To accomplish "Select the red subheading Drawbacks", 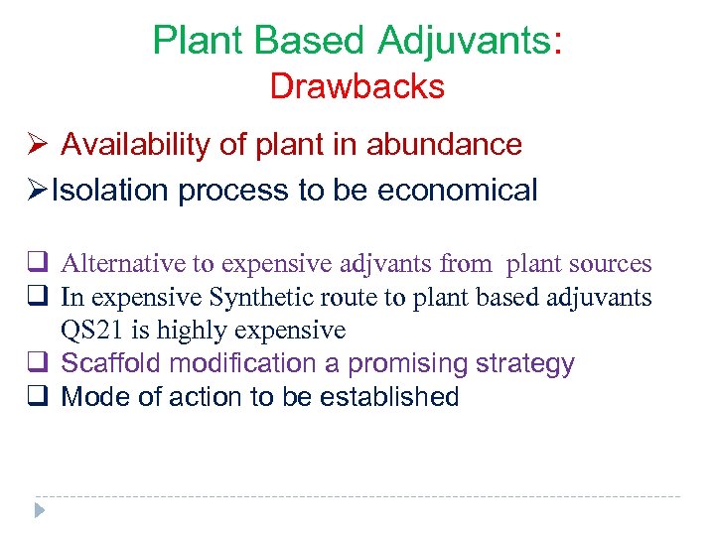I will (x=357, y=87).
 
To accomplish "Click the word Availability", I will (x=136, y=145).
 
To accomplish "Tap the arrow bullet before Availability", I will (x=38, y=146).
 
